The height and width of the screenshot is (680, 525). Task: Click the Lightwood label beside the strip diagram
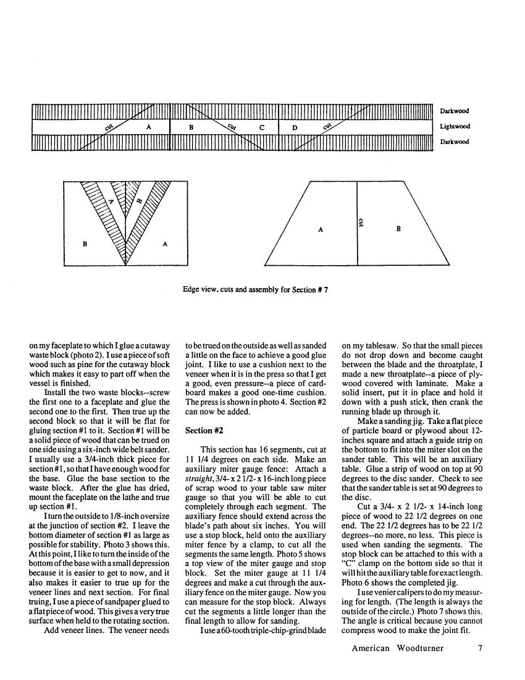(455, 127)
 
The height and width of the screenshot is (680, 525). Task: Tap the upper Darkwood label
(455, 111)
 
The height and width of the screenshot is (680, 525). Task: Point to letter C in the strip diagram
(262, 127)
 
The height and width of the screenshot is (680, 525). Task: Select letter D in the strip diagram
(295, 127)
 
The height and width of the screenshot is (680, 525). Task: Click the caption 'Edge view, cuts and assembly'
(255, 289)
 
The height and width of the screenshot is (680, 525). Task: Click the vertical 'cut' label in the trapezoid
(362, 221)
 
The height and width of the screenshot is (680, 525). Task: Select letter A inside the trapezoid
(321, 229)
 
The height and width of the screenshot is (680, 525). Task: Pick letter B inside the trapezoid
(398, 229)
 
